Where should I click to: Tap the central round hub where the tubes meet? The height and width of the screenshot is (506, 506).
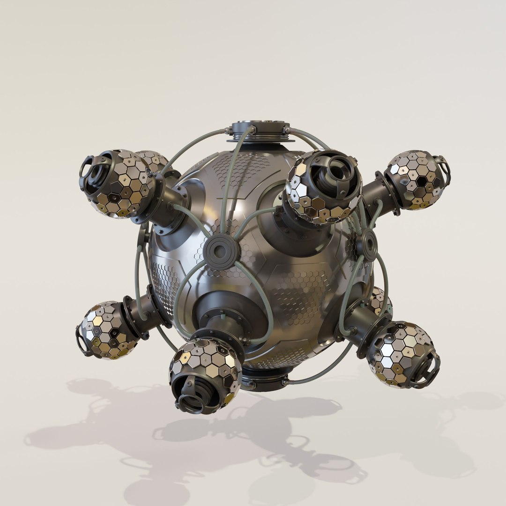click(x=222, y=252)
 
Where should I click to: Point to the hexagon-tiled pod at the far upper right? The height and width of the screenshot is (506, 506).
click(x=414, y=180)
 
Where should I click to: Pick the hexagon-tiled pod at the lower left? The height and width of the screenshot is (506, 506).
click(x=108, y=330)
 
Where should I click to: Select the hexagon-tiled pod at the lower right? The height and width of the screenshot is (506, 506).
click(x=401, y=354)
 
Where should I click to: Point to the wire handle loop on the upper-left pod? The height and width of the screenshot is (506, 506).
click(x=86, y=166)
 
